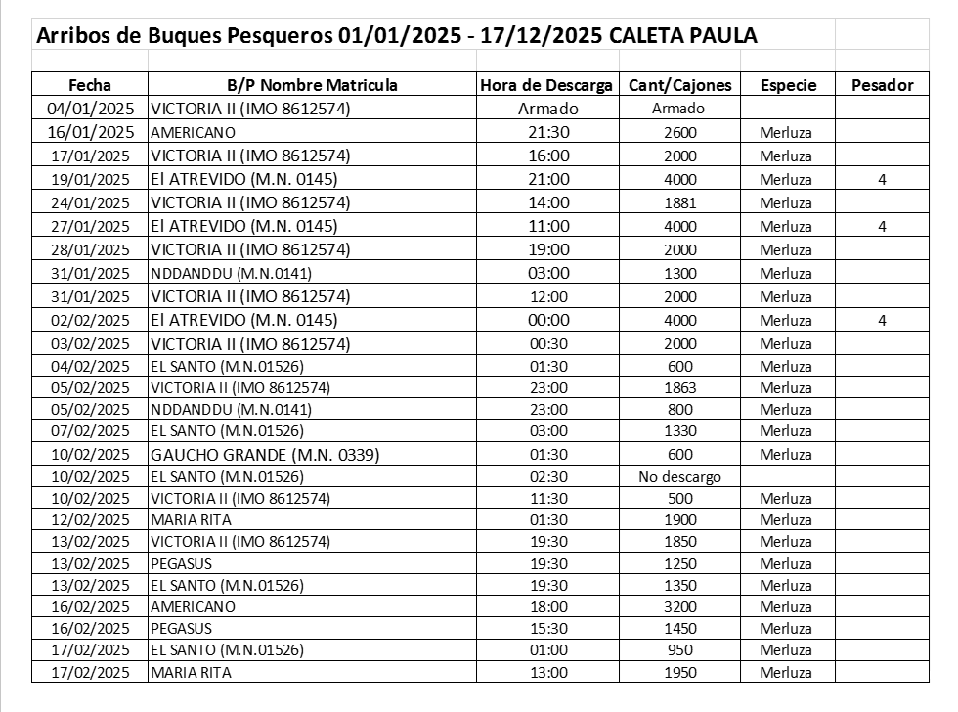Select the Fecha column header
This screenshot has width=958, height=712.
(90, 85)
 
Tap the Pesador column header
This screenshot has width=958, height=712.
(882, 85)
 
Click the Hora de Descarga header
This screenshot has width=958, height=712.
(546, 85)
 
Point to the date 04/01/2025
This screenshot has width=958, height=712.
(90, 109)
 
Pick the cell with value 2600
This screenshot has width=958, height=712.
(678, 132)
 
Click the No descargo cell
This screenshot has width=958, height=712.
(678, 477)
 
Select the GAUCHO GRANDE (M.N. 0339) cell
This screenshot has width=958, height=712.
(265, 454)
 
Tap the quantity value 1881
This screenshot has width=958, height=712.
(678, 203)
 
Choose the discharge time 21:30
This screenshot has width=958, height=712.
(546, 132)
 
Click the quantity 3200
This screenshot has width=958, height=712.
(678, 606)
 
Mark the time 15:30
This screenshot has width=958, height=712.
(546, 628)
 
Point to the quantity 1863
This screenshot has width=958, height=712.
(678, 387)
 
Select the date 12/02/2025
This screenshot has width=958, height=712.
(90, 519)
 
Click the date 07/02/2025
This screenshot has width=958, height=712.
(90, 430)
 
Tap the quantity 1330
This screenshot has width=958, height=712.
(678, 430)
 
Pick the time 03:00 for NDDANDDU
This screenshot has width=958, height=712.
(546, 274)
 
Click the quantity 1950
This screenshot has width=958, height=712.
(678, 673)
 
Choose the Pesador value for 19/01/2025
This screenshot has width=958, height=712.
(882, 180)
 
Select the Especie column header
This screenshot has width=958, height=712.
(788, 85)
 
